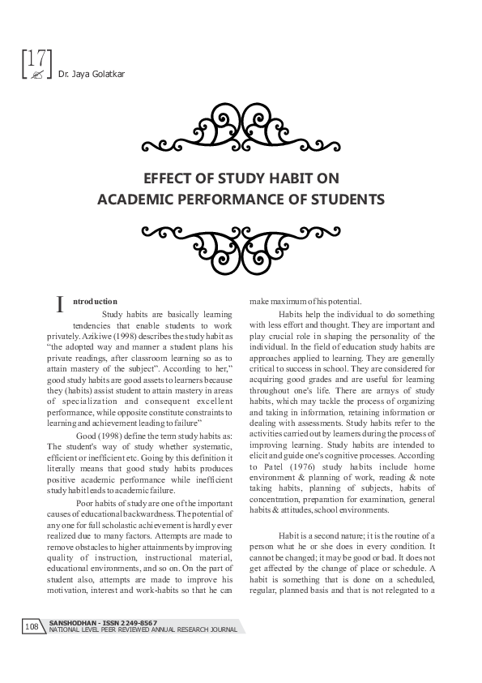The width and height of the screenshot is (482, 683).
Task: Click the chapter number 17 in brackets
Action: [35, 58]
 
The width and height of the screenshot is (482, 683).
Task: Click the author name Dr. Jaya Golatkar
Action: [80, 75]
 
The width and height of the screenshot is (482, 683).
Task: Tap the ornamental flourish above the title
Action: [241, 130]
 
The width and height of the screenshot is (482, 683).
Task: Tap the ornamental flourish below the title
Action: [241, 242]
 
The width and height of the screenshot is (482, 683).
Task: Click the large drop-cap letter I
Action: [60, 305]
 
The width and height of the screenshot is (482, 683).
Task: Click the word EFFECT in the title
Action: [168, 179]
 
